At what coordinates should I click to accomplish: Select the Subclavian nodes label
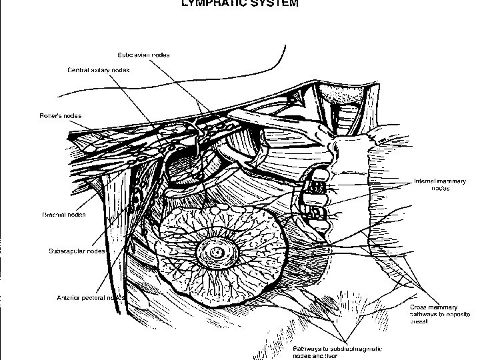[144, 55]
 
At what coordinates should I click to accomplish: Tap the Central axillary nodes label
[98, 69]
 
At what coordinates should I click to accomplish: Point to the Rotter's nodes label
[60, 115]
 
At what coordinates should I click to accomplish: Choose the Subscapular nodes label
[77, 251]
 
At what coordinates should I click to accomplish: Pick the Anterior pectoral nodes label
[87, 297]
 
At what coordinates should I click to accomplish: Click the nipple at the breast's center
[217, 253]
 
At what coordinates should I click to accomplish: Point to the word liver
[331, 356]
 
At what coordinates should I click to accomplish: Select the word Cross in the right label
[417, 307]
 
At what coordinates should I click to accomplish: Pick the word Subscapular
[66, 251]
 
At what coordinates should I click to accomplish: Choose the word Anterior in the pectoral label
[69, 297]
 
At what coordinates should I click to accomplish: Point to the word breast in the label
[419, 321]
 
